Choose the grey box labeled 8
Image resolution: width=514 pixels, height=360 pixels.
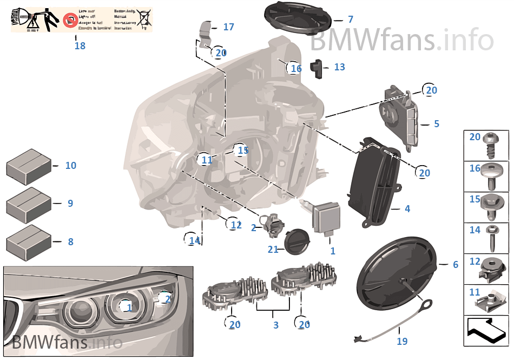pos(28,241)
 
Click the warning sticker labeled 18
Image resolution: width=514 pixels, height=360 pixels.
pos(82,20)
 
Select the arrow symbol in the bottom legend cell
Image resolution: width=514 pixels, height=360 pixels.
pos(486,330)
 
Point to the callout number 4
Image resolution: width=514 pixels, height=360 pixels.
pos(407,208)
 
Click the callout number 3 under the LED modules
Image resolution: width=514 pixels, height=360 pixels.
pos(275,325)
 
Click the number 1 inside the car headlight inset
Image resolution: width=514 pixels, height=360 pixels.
pos(129,307)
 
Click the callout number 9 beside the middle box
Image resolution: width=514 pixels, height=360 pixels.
pos(70,204)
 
